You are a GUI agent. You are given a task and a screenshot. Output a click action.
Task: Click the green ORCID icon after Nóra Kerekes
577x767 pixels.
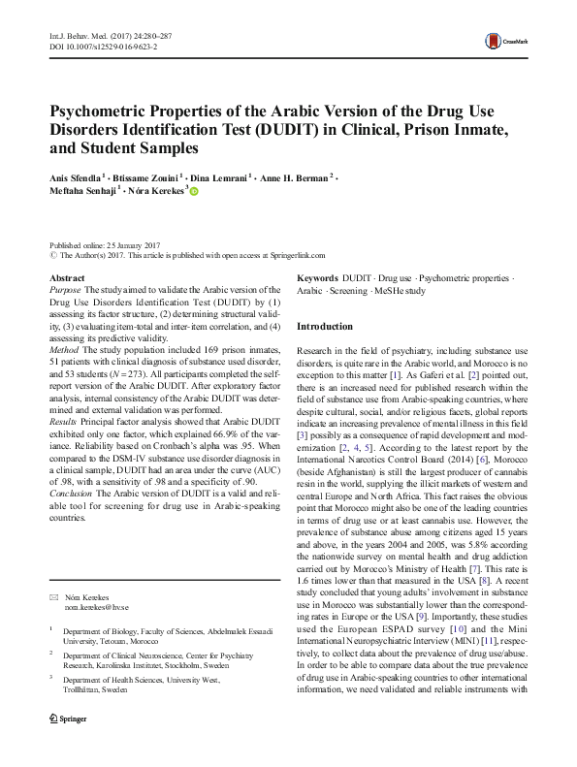coord(192,192)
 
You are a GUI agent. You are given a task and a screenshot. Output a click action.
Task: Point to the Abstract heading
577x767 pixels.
coord(66,278)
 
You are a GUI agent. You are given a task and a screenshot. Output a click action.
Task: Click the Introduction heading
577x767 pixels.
coord(325,327)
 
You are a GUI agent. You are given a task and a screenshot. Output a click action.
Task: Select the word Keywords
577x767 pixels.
coord(318,278)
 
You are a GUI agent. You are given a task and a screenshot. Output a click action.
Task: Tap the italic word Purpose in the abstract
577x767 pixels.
coord(65,290)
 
